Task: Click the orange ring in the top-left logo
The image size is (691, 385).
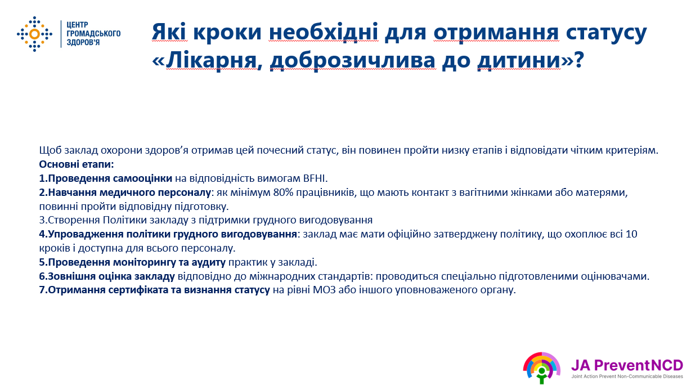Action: tap(34, 34)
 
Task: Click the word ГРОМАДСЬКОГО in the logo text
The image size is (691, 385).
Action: tap(93, 33)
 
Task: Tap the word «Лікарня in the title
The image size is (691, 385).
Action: tap(204, 60)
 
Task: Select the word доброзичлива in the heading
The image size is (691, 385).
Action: tap(353, 60)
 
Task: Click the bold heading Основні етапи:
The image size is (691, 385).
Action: tap(77, 164)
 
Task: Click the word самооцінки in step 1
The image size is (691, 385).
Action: tap(142, 178)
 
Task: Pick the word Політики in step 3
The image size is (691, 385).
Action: tap(124, 220)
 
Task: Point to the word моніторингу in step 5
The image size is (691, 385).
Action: tap(145, 262)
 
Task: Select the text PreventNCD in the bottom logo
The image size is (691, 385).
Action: tap(639, 365)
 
